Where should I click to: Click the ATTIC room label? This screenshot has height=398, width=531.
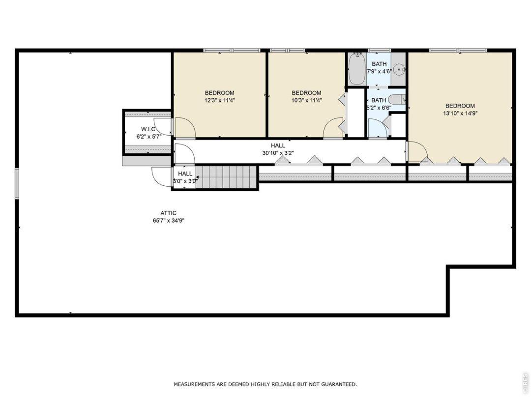tap(168, 213)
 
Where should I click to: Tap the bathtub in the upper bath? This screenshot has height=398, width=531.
tap(356, 69)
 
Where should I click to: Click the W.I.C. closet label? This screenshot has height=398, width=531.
tap(148, 129)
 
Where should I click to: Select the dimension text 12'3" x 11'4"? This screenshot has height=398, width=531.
tap(219, 100)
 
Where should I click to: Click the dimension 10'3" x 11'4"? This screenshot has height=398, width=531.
tap(306, 100)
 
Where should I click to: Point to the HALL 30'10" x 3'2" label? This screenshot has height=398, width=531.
tap(278, 149)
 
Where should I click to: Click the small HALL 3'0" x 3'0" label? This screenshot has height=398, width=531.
tap(185, 177)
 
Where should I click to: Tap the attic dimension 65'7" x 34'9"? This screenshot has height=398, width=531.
tap(168, 221)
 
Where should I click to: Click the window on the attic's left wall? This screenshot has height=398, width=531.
tap(17, 184)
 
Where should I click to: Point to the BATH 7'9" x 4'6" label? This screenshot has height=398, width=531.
tap(379, 67)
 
